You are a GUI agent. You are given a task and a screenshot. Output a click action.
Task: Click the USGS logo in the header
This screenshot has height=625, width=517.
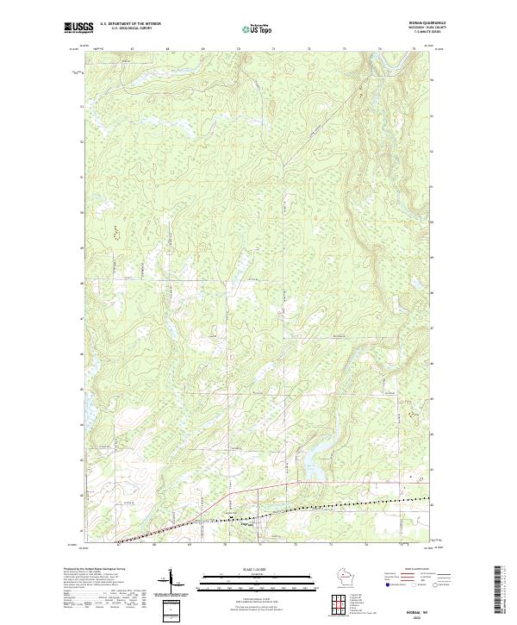click(78, 28)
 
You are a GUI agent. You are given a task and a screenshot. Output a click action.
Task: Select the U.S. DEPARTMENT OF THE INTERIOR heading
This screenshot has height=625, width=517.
click(130, 24)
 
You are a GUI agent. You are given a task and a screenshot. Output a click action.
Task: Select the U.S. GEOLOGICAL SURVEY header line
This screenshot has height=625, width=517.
click(130, 29)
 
